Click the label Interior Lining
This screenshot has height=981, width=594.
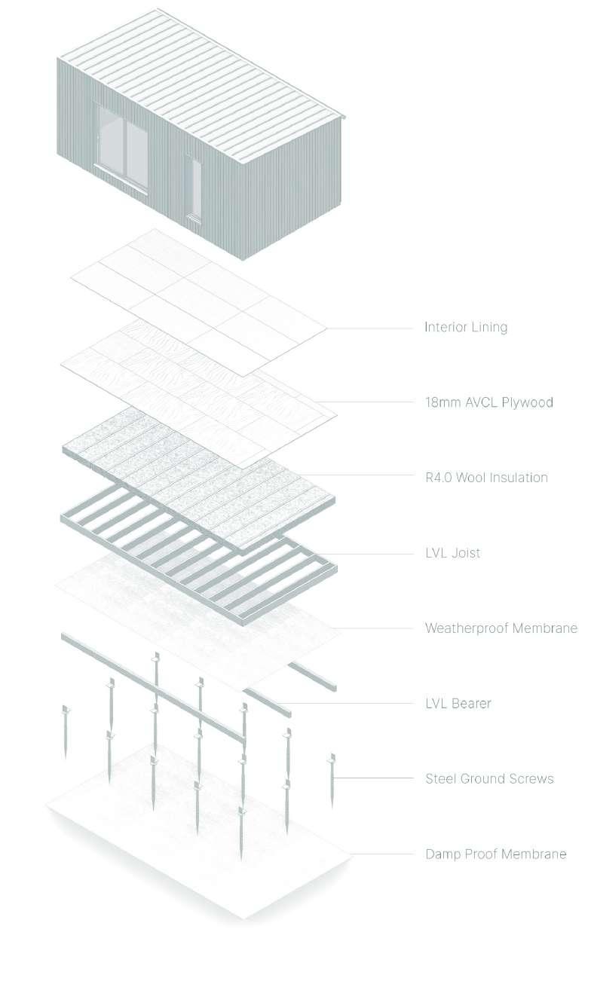[465, 327]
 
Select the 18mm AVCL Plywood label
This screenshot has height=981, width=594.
[488, 402]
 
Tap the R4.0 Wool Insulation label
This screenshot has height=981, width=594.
[486, 478]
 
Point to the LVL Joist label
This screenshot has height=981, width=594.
[452, 553]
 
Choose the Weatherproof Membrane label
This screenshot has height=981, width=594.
[501, 628]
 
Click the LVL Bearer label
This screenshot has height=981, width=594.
[458, 704]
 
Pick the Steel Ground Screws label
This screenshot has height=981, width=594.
[489, 778]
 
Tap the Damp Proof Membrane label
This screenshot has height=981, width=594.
[495, 854]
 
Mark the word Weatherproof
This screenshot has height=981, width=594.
[468, 628]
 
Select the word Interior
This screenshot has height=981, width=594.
[445, 327]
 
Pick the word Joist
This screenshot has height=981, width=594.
[466, 553]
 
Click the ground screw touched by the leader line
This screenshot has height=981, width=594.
[332, 780]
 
